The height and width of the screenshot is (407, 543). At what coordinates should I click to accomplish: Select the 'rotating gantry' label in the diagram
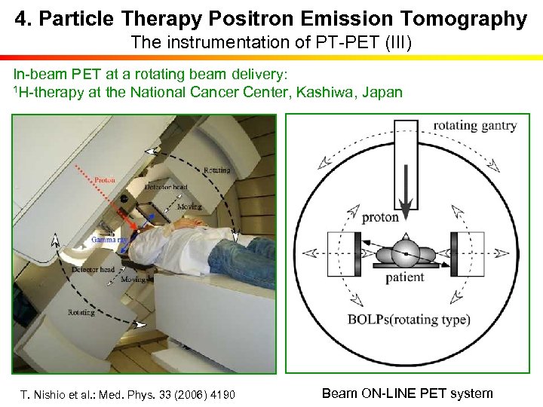point(474,126)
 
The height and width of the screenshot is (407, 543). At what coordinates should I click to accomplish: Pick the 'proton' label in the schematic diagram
point(380,218)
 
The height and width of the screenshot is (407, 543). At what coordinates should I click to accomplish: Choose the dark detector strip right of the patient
point(455,255)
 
